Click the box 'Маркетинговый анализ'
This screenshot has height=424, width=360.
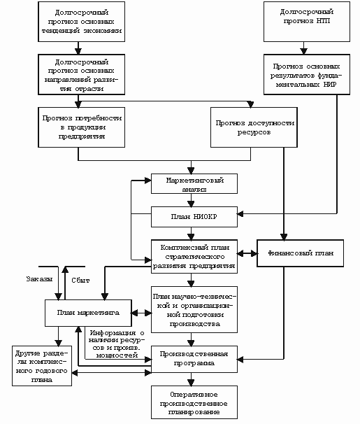[x=194, y=183]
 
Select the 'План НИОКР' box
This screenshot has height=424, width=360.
[x=194, y=217]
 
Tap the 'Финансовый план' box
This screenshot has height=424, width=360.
[x=300, y=253]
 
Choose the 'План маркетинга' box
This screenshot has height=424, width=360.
[x=88, y=313]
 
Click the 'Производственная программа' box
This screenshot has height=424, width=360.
[x=194, y=359]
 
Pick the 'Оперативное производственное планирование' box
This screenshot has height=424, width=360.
[x=194, y=402]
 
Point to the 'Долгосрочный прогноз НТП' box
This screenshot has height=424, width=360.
[x=307, y=22]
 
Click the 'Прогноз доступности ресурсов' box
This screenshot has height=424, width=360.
[x=254, y=127]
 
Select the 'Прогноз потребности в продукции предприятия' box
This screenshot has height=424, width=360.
[x=81, y=127]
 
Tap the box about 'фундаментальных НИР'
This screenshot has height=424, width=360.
[x=307, y=74]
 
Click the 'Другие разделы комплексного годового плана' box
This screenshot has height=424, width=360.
[x=42, y=366]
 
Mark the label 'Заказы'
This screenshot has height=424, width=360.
[x=39, y=279]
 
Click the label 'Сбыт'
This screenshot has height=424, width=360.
[x=80, y=281]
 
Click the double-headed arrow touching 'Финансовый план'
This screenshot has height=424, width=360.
[x=247, y=253]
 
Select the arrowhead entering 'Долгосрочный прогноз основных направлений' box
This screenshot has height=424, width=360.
[x=78, y=51]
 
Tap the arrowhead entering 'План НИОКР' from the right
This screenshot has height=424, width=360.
[x=240, y=214]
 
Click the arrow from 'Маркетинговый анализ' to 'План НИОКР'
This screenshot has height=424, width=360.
[x=191, y=200]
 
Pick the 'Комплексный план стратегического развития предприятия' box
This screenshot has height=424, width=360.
[x=194, y=256]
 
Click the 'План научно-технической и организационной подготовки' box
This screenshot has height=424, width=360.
[x=194, y=309]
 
